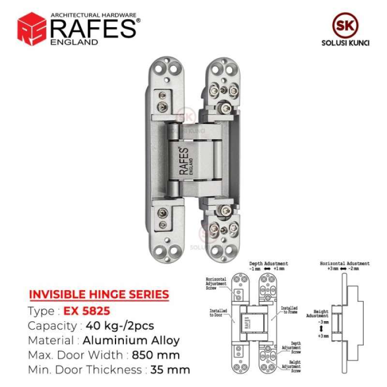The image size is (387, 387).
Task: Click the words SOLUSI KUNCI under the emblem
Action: [x=345, y=43]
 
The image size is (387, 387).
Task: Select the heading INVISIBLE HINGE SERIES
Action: [x=99, y=294]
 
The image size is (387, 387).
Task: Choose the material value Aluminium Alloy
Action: [x=131, y=340]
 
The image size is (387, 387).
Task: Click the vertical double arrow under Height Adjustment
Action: [x=321, y=328]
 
